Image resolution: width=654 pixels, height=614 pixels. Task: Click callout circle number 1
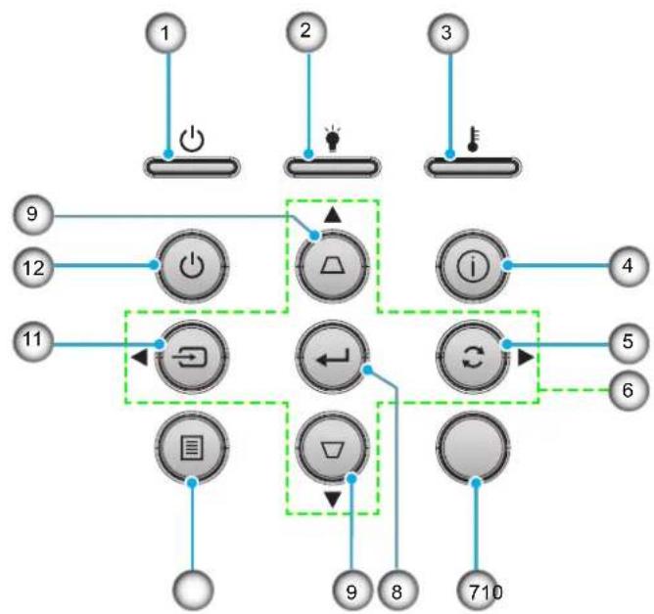[165, 33]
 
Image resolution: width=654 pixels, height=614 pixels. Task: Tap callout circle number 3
[446, 33]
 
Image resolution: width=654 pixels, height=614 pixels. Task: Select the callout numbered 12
[33, 267]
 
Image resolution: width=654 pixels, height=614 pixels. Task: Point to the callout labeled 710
[477, 591]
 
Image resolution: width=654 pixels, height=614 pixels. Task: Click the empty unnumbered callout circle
[193, 591]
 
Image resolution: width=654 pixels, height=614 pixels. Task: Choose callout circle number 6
[629, 391]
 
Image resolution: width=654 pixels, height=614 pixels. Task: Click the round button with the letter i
[473, 266]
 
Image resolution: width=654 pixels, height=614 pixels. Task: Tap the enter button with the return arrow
[332, 357]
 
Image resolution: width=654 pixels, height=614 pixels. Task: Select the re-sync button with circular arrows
[473, 357]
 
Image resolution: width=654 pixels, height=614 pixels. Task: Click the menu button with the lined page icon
[192, 448]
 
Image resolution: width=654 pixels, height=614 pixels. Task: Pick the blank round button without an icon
[473, 448]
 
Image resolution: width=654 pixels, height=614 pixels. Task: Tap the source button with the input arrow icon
[192, 357]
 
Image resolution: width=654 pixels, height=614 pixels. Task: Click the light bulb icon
[333, 138]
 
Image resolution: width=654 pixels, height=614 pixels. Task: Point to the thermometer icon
[474, 140]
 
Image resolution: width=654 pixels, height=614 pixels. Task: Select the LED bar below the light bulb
[333, 167]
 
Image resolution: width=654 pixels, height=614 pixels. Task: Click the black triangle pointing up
[333, 215]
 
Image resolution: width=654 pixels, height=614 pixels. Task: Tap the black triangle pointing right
[526, 357]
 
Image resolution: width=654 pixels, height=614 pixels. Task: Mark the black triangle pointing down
[333, 499]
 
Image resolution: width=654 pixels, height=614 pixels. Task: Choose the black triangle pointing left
[139, 357]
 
